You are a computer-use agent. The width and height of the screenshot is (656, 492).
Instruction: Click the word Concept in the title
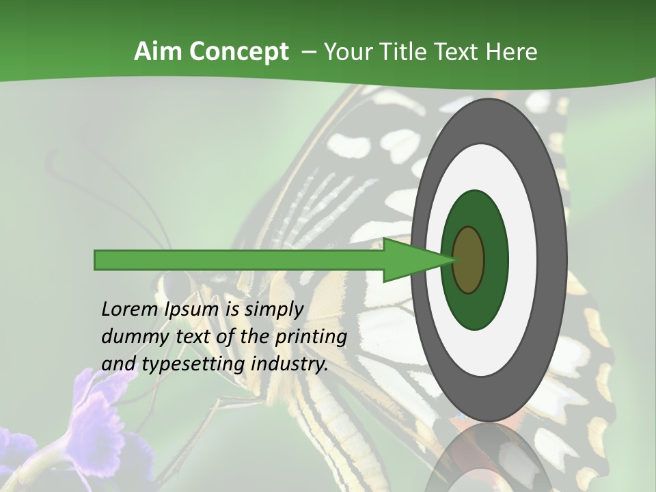click(238, 52)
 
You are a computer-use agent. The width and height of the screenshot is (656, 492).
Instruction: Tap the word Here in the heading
click(512, 52)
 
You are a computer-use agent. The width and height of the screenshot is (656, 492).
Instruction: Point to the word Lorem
click(129, 310)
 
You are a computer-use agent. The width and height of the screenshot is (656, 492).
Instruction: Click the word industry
click(290, 364)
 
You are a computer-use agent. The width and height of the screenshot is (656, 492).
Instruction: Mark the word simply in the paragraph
click(273, 310)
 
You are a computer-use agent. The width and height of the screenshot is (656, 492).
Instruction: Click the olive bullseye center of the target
click(469, 260)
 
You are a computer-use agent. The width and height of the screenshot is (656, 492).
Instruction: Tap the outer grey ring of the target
click(553, 260)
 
